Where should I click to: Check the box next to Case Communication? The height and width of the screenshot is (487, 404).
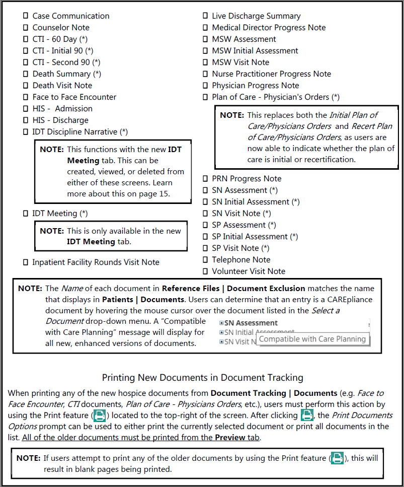pos(26,16)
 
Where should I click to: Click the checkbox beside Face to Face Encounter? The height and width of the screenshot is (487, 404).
pos(26,97)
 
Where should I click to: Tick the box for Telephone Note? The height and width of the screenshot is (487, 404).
pos(205,260)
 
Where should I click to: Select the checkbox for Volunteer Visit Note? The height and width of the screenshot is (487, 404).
pos(205,271)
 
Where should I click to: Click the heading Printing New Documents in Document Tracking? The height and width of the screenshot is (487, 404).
pos(202,377)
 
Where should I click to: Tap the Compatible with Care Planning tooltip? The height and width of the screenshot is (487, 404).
pos(312,339)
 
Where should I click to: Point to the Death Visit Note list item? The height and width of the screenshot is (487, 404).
pos(62,86)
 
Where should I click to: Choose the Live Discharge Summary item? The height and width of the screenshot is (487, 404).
pos(256,16)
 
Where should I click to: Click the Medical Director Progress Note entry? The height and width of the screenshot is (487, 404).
pos(269,28)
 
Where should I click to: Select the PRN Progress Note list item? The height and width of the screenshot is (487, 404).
pos(247,179)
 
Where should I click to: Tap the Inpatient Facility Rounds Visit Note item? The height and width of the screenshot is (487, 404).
pos(96,262)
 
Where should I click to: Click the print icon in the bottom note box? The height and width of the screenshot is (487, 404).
pos(337,459)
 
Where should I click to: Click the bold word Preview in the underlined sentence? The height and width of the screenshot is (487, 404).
pos(229,438)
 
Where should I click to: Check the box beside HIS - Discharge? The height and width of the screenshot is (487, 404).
pos(26,120)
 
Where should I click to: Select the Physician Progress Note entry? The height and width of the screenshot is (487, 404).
pos(255,86)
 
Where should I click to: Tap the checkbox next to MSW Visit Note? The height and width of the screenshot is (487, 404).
pos(205,62)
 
